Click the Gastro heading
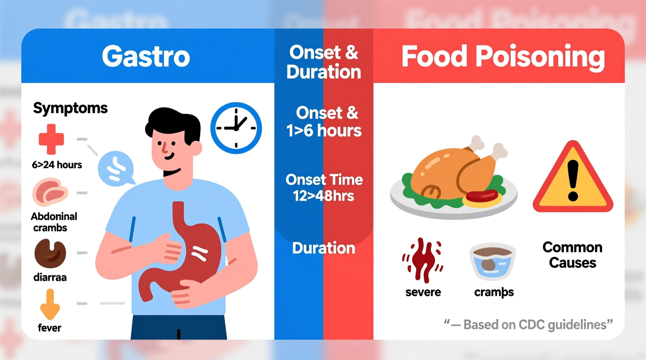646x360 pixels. pyautogui.click(x=146, y=57)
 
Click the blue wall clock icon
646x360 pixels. pyautogui.click(x=236, y=128)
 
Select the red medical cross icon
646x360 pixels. pyautogui.click(x=51, y=139)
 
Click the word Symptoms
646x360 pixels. pyautogui.click(x=70, y=108)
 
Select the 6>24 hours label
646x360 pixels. pyautogui.click(x=57, y=165)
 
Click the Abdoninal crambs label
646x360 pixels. pyautogui.click(x=54, y=222)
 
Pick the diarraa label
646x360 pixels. pyautogui.click(x=50, y=277)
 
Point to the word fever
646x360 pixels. pyautogui.click(x=49, y=328)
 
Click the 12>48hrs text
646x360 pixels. pyautogui.click(x=323, y=196)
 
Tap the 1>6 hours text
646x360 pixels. pyautogui.click(x=324, y=131)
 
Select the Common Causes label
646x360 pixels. pyautogui.click(x=572, y=255)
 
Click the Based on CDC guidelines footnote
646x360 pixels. pyautogui.click(x=528, y=324)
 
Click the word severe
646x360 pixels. pyautogui.click(x=423, y=292)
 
